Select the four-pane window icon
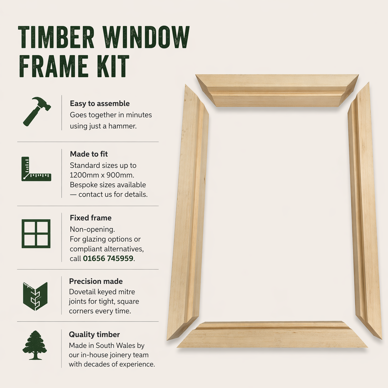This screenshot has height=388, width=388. (36, 234)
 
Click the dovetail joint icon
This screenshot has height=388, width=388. (35, 296)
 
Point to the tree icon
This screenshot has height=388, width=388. (35, 345)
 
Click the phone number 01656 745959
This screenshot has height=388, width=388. (108, 258)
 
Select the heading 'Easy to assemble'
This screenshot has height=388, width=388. (100, 103)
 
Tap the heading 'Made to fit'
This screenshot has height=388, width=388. (89, 154)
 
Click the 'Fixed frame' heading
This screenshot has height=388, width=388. (91, 218)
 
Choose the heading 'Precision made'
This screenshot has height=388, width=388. (96, 281)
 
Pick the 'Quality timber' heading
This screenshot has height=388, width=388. (94, 334)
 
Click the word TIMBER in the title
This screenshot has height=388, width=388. (56, 37)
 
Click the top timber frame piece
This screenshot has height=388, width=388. (277, 91)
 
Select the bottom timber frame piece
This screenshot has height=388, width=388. (272, 335)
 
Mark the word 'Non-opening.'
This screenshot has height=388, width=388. (92, 229)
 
